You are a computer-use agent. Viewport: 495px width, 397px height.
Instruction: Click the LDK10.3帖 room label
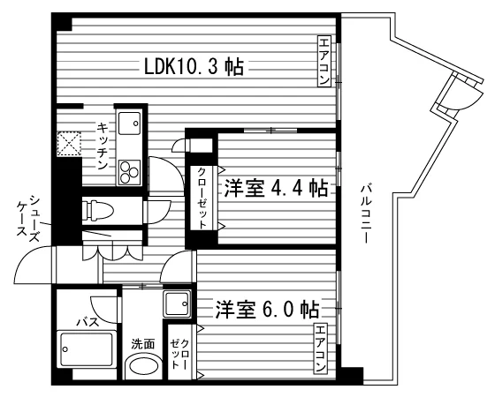tap(194, 66)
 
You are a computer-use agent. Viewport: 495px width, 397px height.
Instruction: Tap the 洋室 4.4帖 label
tap(276, 189)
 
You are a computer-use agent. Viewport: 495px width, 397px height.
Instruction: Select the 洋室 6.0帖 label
tap(267, 309)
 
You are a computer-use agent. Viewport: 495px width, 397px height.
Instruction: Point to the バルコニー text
tap(365, 214)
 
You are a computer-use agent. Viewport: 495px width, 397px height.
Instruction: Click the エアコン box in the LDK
tap(324, 62)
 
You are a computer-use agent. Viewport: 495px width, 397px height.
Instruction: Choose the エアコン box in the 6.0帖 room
tap(320, 348)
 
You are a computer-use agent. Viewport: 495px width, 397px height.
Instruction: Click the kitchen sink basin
tap(129, 124)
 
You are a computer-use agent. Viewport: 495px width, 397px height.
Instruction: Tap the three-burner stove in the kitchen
tap(129, 172)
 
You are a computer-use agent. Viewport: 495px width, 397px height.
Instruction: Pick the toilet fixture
tap(98, 210)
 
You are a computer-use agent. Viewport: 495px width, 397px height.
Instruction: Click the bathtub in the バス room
tap(87, 349)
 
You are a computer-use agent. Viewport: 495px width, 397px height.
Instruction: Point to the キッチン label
tap(103, 146)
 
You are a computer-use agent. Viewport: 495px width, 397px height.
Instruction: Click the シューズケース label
tap(28, 219)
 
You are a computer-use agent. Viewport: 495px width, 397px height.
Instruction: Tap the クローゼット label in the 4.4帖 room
tap(202, 198)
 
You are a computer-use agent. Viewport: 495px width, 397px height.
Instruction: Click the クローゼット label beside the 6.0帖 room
tap(179, 353)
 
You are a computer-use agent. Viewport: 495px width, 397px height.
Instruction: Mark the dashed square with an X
tap(69, 144)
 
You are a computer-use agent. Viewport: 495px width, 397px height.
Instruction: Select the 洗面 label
tap(143, 344)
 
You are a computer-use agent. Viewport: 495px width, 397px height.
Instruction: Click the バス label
tap(88, 322)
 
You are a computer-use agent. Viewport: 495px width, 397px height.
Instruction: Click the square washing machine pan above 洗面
tap(177, 303)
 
